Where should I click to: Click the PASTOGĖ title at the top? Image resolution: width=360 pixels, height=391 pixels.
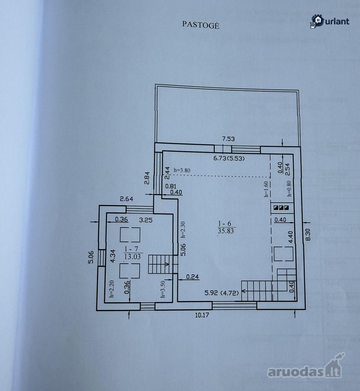click(201, 25)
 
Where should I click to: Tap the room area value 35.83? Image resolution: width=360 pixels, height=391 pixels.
click(226, 231)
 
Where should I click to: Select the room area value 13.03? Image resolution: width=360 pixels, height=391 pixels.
click(133, 257)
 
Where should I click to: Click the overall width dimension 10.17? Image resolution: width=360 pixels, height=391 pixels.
click(202, 315)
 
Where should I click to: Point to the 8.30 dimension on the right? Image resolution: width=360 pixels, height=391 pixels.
click(308, 235)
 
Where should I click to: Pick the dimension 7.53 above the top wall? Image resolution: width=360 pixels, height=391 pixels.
click(228, 139)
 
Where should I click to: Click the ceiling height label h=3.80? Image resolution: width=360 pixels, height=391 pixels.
click(182, 170)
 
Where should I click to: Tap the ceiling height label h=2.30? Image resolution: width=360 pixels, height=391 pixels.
click(183, 229)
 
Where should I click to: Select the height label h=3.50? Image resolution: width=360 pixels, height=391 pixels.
click(163, 289)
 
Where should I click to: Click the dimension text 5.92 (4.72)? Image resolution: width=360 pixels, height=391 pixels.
click(222, 292)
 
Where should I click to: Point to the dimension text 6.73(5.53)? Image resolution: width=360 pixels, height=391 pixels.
click(229, 158)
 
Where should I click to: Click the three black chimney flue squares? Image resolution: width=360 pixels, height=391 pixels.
click(281, 208)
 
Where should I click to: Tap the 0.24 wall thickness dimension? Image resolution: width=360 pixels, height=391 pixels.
click(192, 277)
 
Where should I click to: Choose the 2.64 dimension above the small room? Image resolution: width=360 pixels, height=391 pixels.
click(127, 199)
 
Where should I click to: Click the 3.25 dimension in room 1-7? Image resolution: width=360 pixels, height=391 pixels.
click(146, 220)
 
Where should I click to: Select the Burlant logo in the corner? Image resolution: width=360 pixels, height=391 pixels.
click(330, 21)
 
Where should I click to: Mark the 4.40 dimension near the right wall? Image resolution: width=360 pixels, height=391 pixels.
click(290, 237)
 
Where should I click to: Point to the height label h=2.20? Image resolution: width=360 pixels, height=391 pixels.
click(112, 289)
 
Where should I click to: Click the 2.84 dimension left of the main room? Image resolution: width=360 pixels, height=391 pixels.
click(147, 178)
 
